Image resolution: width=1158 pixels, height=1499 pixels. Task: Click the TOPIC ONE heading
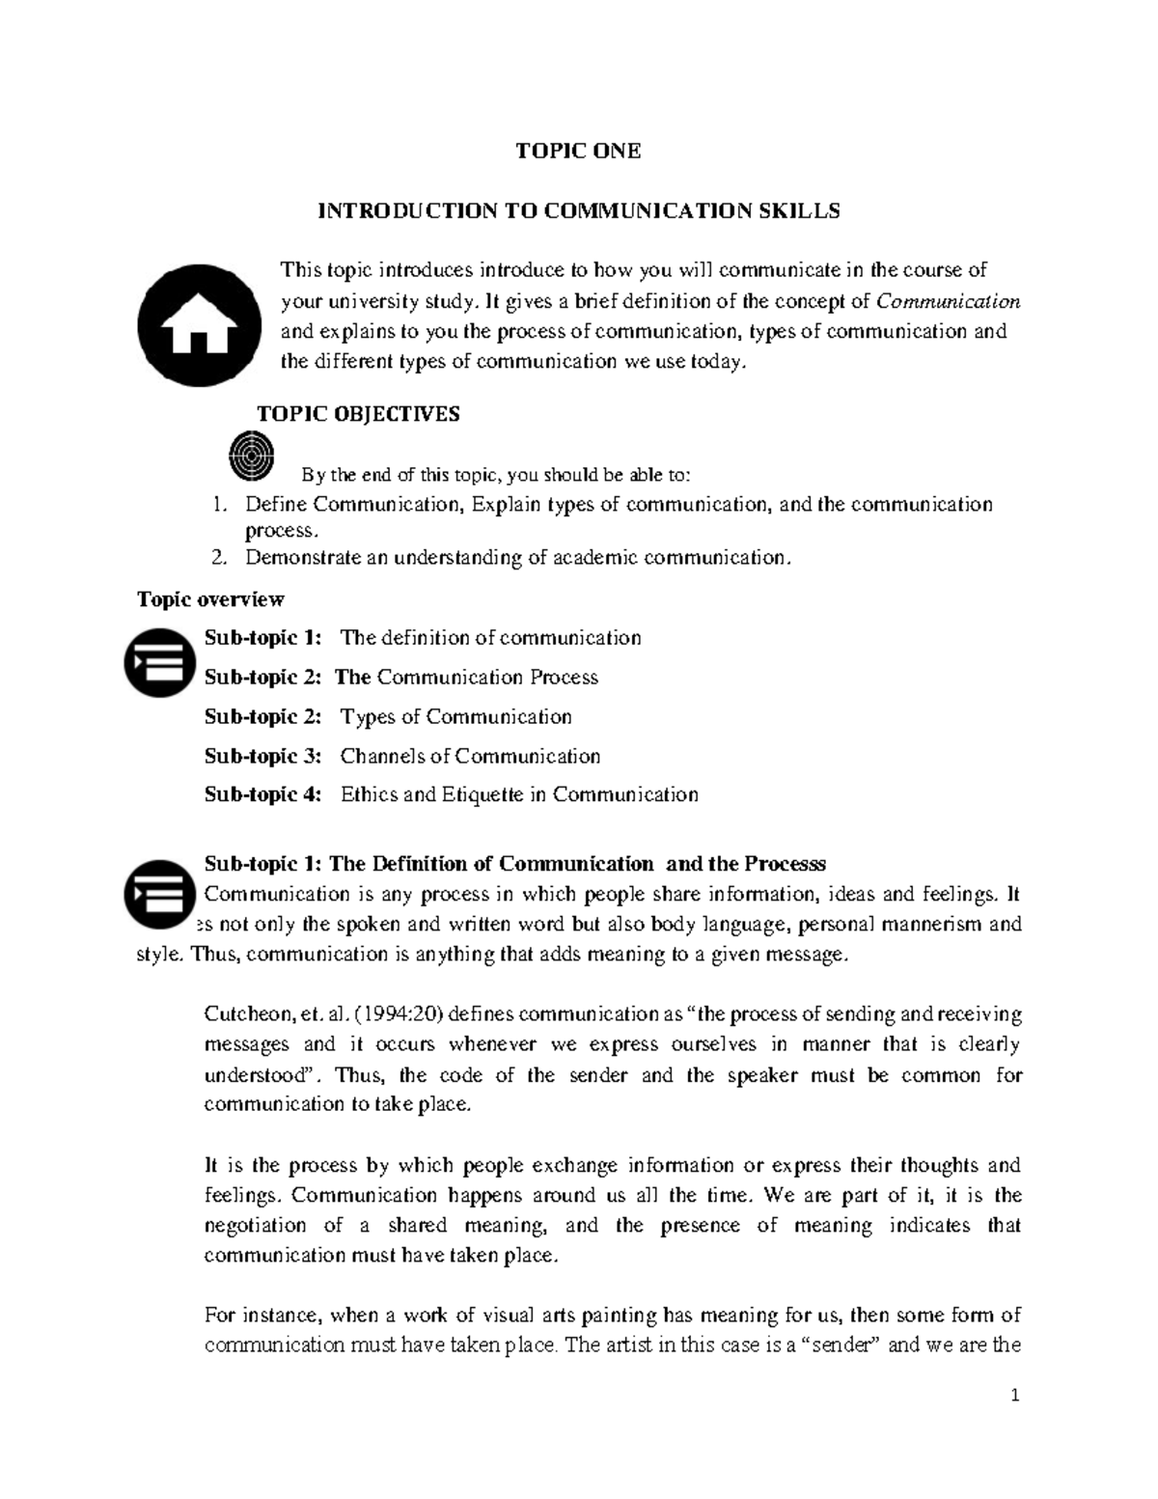(x=578, y=151)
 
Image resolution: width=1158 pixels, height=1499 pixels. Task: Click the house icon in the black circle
(x=199, y=325)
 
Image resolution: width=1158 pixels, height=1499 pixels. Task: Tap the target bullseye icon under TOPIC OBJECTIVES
(x=252, y=455)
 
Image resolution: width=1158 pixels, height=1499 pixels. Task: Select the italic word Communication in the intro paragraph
(x=948, y=301)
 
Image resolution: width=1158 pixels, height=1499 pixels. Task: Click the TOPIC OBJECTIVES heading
(x=358, y=414)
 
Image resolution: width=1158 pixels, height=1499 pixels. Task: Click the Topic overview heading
(x=210, y=599)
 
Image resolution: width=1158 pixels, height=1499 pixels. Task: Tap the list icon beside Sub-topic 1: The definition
(x=159, y=662)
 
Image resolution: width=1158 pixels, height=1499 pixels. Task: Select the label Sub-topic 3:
(x=262, y=756)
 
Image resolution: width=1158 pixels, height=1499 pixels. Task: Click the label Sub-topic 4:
(x=262, y=794)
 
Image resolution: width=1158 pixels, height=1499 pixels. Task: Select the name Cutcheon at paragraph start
(x=247, y=1013)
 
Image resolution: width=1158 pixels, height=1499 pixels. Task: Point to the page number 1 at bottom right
(x=1015, y=1395)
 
